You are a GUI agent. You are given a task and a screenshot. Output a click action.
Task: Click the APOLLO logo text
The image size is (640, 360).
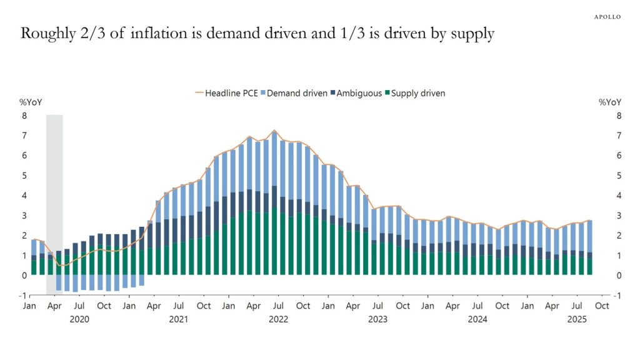click(x=607, y=17)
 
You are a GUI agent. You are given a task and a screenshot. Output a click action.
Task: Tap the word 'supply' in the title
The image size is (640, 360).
click(x=472, y=35)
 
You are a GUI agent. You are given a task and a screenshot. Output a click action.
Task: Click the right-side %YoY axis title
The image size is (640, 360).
click(x=610, y=102)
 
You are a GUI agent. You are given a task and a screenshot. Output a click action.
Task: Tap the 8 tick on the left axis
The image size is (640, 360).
click(x=25, y=116)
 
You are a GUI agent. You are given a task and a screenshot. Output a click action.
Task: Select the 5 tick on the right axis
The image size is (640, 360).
click(x=619, y=176)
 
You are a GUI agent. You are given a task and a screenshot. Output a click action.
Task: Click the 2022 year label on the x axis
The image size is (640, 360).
click(x=278, y=319)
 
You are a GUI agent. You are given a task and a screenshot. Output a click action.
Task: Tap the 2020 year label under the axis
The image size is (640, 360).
click(x=79, y=319)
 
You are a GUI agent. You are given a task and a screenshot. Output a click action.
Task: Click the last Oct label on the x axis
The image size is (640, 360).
click(x=602, y=306)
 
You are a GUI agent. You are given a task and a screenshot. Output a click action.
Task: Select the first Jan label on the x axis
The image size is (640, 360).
click(x=29, y=306)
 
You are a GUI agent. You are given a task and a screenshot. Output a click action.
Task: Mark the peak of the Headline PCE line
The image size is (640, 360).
click(x=274, y=131)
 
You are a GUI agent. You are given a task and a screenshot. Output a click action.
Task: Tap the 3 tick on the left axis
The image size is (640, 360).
click(x=25, y=216)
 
